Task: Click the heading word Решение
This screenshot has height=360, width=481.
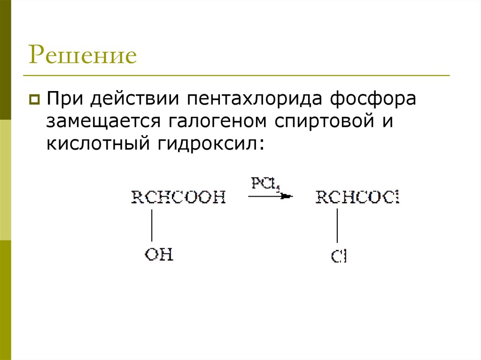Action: tap(83, 55)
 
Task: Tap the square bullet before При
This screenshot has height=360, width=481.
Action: tap(34, 100)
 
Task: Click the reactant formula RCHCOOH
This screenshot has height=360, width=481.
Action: tap(178, 197)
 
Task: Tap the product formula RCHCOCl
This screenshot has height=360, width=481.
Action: tap(357, 197)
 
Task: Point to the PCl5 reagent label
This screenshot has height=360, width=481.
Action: tap(265, 184)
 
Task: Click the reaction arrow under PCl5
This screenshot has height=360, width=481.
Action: tap(270, 196)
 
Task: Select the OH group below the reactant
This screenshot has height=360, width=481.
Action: tap(159, 255)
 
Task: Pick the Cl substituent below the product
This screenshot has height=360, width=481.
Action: tap(338, 257)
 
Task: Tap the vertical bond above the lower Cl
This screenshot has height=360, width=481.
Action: tap(337, 225)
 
